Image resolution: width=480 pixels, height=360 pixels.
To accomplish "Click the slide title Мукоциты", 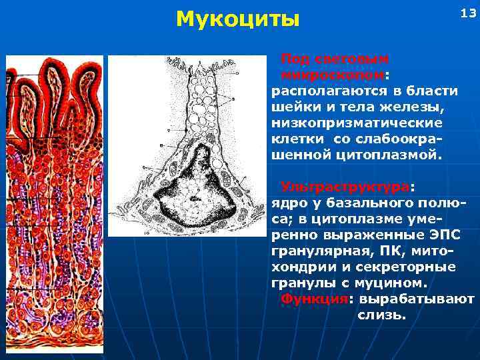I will click(237, 19).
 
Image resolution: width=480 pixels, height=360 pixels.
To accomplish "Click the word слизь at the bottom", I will click(381, 314).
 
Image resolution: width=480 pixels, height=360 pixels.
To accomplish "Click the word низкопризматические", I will click(357, 123).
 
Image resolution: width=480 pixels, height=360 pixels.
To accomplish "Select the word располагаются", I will click(325, 91).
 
